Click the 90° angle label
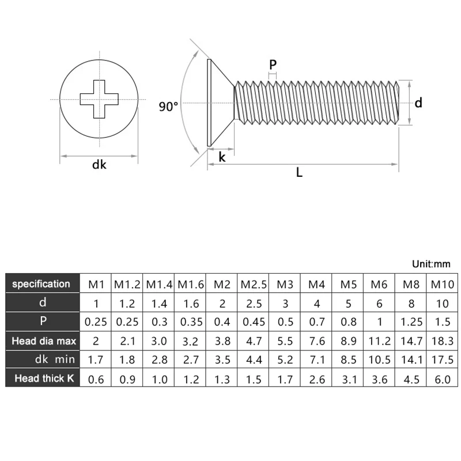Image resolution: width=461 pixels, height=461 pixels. [x=168, y=107]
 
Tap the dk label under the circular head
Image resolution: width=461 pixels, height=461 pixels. [x=99, y=165]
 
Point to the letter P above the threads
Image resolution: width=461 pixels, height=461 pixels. [x=273, y=65]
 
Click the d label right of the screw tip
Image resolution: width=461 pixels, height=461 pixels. [x=419, y=103]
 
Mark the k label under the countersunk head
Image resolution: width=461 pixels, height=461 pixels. [x=221, y=156]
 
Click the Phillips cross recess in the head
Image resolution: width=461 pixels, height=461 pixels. [x=99, y=99]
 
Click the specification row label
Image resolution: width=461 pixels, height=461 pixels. [x=41, y=284]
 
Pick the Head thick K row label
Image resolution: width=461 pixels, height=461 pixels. [x=41, y=379]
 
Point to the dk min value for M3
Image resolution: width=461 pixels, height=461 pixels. [x=285, y=360]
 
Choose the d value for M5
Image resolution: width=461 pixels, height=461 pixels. [x=347, y=303]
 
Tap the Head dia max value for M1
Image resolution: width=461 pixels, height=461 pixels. [x=95, y=341]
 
